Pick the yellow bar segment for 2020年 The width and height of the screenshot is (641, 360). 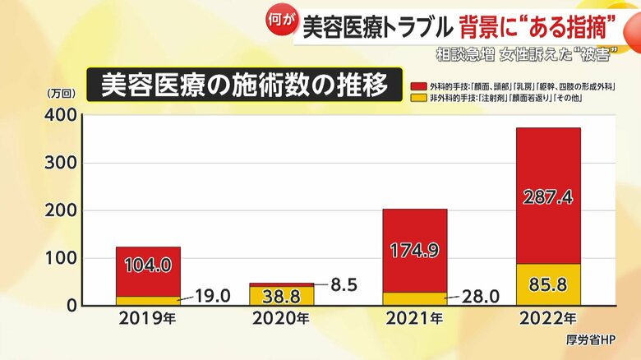point(282,296)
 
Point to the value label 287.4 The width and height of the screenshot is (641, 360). point(548,197)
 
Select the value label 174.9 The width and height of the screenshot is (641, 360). point(415,251)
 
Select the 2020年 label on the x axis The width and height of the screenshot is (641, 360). point(282,317)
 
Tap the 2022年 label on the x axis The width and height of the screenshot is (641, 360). point(548,317)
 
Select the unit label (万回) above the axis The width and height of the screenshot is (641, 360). point(61,92)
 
